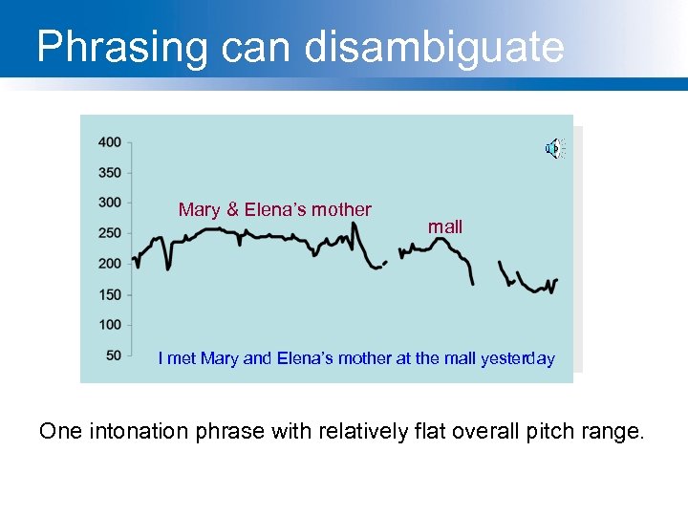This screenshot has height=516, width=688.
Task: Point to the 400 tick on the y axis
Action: [x=109, y=142]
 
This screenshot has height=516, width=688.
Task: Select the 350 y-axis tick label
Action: [x=109, y=173]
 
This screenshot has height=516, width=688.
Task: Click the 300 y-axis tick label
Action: [x=109, y=203]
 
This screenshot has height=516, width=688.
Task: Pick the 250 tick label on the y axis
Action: [x=109, y=233]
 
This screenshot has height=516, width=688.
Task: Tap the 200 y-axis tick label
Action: [x=109, y=264]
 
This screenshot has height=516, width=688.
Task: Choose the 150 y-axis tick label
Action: [x=109, y=294]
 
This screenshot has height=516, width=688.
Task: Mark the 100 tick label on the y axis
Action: [x=109, y=325]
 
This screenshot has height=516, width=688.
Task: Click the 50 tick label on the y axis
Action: [x=113, y=355]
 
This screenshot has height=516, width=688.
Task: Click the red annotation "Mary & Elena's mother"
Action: [x=274, y=209]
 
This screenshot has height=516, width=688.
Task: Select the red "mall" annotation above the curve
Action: [x=445, y=227]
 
